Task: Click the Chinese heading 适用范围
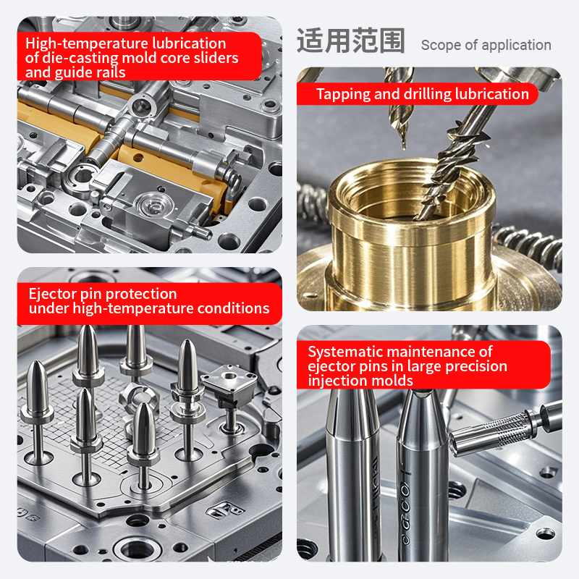tap(351, 41)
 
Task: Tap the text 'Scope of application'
tap(486, 45)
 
